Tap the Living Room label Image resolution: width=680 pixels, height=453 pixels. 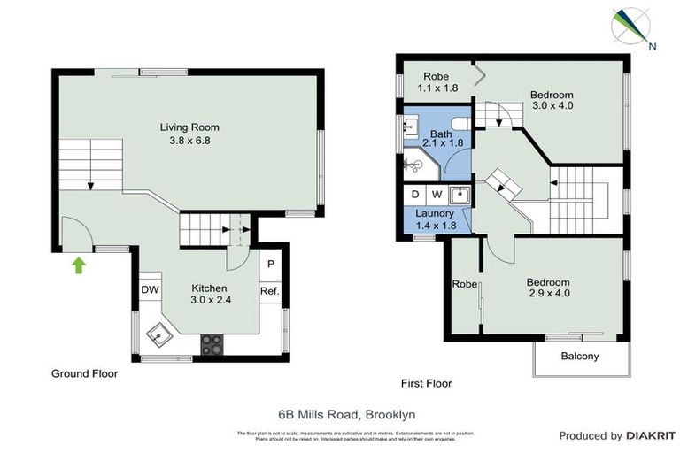pyautogui.click(x=190, y=127)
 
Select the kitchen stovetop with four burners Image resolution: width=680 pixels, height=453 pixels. pyautogui.click(x=212, y=344)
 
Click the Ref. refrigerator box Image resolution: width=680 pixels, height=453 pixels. pyautogui.click(x=269, y=291)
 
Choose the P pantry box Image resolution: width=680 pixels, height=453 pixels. pyautogui.click(x=271, y=264)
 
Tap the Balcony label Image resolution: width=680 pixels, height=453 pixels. pyautogui.click(x=580, y=357)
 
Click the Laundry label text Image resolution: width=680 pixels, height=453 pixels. pyautogui.click(x=435, y=213)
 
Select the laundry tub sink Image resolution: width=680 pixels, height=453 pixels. pyautogui.click(x=459, y=194)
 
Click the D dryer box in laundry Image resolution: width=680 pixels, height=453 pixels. pyautogui.click(x=414, y=194)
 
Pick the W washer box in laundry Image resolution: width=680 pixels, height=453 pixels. pyautogui.click(x=437, y=194)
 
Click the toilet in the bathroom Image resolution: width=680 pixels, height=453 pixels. pyautogui.click(x=460, y=123)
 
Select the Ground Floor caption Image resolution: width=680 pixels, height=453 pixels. pyautogui.click(x=84, y=373)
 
